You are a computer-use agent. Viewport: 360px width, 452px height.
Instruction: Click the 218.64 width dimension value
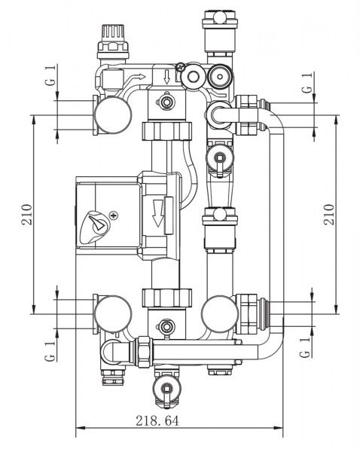(x=157, y=420)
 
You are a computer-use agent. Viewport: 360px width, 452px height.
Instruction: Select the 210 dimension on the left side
(x=26, y=215)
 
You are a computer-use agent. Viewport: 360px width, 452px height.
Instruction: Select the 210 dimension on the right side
(x=328, y=215)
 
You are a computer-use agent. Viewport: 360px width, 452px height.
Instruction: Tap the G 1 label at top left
(x=50, y=75)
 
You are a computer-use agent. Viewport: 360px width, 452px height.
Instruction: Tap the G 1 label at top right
(x=307, y=83)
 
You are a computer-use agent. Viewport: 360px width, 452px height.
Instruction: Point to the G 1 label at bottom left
(x=50, y=351)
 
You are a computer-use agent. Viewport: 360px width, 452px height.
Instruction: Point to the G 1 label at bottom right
(x=305, y=347)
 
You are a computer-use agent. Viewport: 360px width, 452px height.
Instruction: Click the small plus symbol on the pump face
(x=114, y=215)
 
